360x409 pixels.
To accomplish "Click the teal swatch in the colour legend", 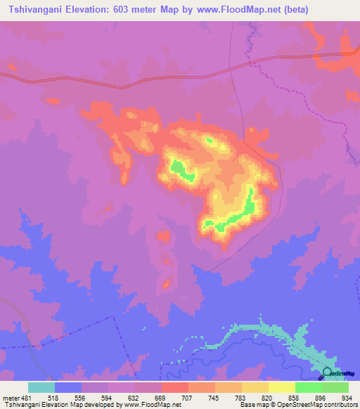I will tap(41, 387).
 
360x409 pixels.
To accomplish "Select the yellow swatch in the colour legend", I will tap(282, 387).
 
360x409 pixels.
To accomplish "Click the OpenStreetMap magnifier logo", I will tap(327, 372).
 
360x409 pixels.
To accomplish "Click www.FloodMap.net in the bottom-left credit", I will tap(153, 405).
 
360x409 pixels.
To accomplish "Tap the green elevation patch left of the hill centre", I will tap(181, 170).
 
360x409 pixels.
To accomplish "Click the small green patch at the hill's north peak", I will tap(208, 140).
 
